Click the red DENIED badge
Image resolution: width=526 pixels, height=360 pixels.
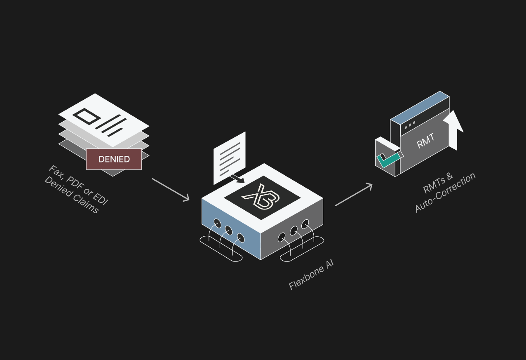114,159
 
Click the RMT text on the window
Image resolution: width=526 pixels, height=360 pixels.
425,141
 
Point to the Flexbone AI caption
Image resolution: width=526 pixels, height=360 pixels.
311,275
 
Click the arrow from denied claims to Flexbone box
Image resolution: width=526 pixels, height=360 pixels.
171,190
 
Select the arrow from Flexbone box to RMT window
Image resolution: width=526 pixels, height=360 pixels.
354,195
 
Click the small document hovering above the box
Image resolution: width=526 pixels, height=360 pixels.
229,157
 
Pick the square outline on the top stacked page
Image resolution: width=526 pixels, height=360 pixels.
86,117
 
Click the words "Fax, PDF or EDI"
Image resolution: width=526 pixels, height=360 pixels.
78,185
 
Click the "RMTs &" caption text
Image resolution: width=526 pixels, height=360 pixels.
438,183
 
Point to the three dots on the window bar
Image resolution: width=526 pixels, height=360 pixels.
410,125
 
